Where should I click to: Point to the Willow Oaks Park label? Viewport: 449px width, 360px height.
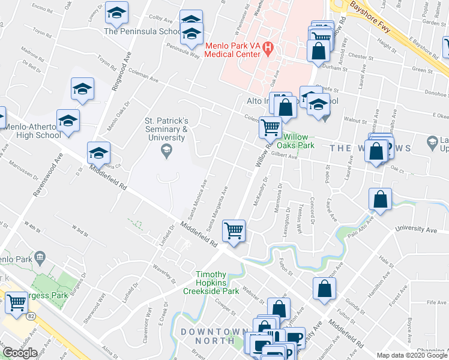pyautogui.click(x=299, y=141)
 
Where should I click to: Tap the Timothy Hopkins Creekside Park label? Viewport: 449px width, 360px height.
pyautogui.click(x=217, y=282)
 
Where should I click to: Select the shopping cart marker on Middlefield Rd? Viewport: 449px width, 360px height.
pyautogui.click(x=234, y=230)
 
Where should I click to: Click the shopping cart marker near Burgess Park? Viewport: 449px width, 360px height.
pyautogui.click(x=16, y=303)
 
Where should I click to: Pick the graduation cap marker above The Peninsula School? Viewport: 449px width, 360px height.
pyautogui.click(x=117, y=12)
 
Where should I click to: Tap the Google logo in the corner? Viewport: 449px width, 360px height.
pyautogui.click(x=20, y=353)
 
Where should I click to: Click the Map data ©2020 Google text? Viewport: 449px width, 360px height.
pyautogui.click(x=411, y=355)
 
